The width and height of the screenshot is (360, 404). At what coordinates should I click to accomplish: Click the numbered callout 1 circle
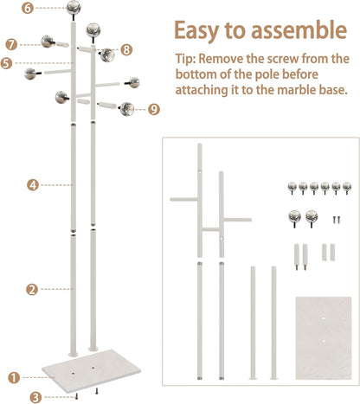click(x=13, y=376)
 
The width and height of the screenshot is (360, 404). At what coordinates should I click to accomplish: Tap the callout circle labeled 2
click(x=31, y=289)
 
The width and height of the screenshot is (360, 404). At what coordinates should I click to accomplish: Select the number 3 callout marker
click(x=35, y=396)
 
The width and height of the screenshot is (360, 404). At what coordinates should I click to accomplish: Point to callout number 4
click(x=31, y=184)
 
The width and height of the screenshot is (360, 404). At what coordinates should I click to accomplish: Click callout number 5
click(x=6, y=62)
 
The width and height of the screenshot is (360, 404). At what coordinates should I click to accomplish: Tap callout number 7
click(x=11, y=43)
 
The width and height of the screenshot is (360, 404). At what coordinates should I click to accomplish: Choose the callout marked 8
click(x=126, y=49)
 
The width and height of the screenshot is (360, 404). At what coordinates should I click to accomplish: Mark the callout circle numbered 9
click(x=154, y=109)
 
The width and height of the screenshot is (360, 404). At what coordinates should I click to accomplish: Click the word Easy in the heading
click(x=203, y=30)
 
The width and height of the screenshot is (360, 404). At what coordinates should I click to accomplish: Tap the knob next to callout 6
click(x=75, y=10)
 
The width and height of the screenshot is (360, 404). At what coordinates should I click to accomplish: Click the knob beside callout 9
click(x=127, y=109)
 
